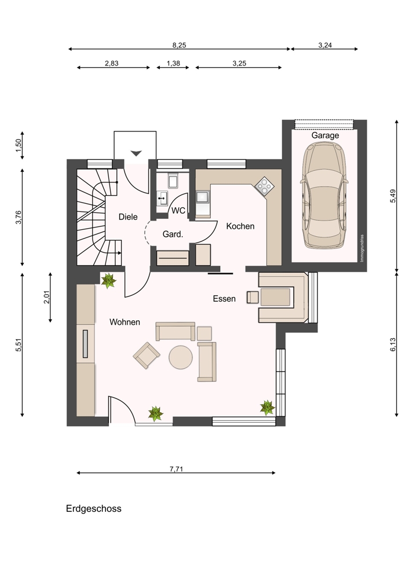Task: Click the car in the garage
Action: [x=325, y=196]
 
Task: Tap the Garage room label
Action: [x=325, y=135]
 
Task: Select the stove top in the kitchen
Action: [x=265, y=186]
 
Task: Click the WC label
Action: [x=178, y=211]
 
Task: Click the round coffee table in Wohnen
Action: [x=181, y=357]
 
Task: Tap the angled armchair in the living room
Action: [x=147, y=355]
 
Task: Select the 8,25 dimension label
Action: [x=179, y=45]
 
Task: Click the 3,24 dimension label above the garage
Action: [x=325, y=45]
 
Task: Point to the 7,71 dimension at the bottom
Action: [x=176, y=470]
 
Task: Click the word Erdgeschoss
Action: [x=94, y=509]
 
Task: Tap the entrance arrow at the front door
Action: [x=136, y=153]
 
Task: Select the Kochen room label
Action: [x=240, y=226]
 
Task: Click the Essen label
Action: [x=224, y=299]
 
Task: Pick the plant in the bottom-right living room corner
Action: [x=267, y=408]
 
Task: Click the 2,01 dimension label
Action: [x=46, y=297]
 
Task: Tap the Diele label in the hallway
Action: [x=128, y=217]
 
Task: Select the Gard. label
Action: [x=173, y=234]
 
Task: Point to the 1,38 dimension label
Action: [x=173, y=64]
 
